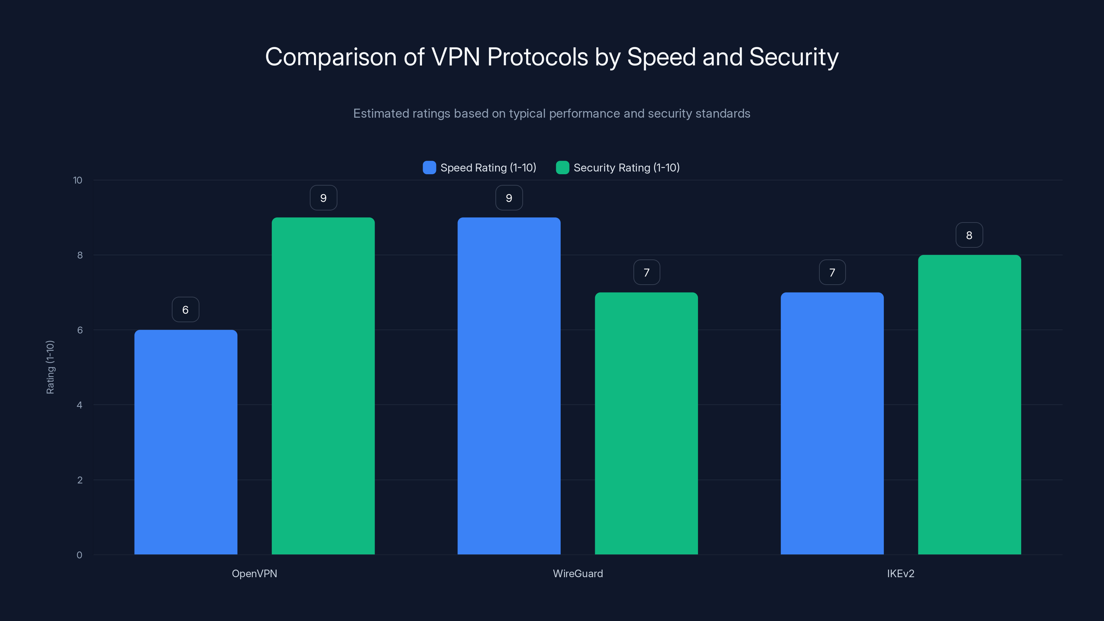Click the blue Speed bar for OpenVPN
pyautogui.click(x=186, y=442)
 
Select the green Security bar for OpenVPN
pyautogui.click(x=323, y=386)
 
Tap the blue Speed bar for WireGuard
pyautogui.click(x=509, y=386)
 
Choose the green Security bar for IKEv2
pyautogui.click(x=969, y=405)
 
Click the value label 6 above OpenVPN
pyautogui.click(x=186, y=309)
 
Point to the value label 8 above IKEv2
pyautogui.click(x=969, y=235)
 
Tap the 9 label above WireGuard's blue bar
pyautogui.click(x=509, y=198)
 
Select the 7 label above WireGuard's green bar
pyautogui.click(x=646, y=272)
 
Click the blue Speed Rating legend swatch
pyautogui.click(x=429, y=168)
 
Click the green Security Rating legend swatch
pyautogui.click(x=562, y=168)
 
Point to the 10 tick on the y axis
pyautogui.click(x=78, y=180)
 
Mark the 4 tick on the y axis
pyautogui.click(x=79, y=405)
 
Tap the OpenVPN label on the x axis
pyautogui.click(x=254, y=573)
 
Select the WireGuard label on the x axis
pyautogui.click(x=578, y=573)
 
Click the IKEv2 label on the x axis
pyautogui.click(x=900, y=573)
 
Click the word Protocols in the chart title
pyautogui.click(x=538, y=57)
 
